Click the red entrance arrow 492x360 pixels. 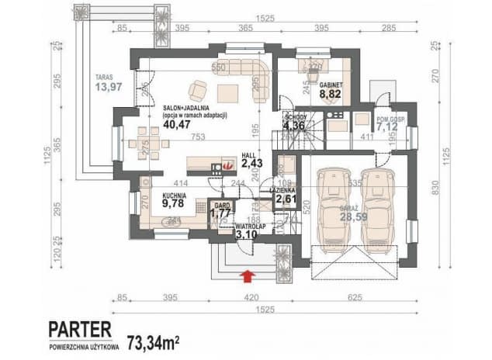coord(248,273)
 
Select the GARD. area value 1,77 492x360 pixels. coord(221,213)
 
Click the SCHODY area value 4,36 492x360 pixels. coord(295,126)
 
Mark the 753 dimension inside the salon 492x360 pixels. coord(199,137)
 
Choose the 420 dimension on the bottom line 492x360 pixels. coord(245,296)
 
